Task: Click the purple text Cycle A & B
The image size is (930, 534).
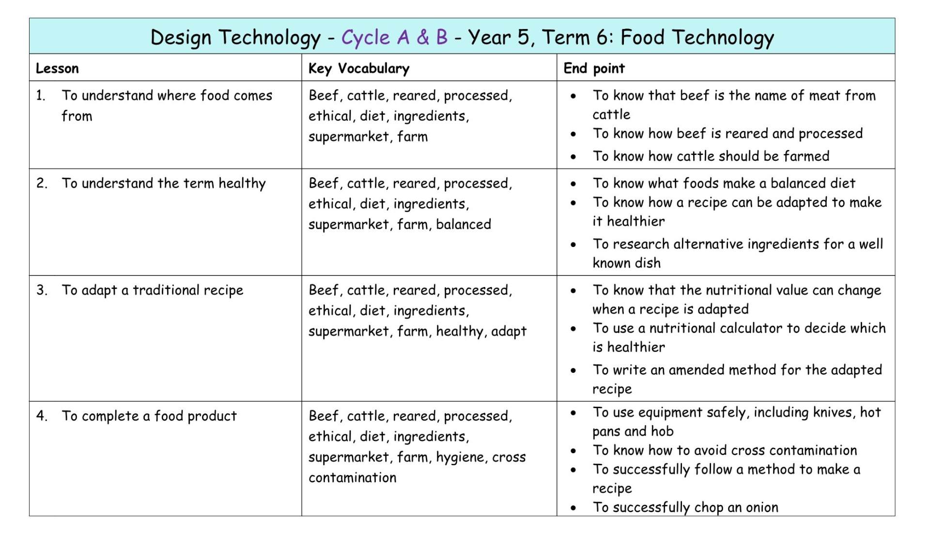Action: click(x=394, y=37)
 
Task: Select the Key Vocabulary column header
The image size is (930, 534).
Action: click(x=359, y=68)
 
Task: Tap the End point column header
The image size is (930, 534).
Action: click(x=594, y=68)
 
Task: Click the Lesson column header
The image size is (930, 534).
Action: click(x=57, y=68)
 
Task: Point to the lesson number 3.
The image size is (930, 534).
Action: click(x=41, y=290)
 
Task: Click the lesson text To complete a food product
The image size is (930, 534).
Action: click(x=149, y=416)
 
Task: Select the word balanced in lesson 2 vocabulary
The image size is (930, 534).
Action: click(x=464, y=224)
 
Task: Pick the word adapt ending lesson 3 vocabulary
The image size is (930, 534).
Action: click(x=509, y=331)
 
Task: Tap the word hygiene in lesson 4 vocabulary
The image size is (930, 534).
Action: click(x=460, y=457)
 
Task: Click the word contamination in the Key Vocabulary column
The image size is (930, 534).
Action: click(x=353, y=478)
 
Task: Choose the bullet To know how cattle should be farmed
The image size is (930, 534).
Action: click(x=711, y=156)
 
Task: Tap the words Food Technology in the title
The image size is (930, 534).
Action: click(x=697, y=37)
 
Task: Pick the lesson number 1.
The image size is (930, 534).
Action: click(x=40, y=95)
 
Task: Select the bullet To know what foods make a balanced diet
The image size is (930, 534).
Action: click(x=724, y=183)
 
